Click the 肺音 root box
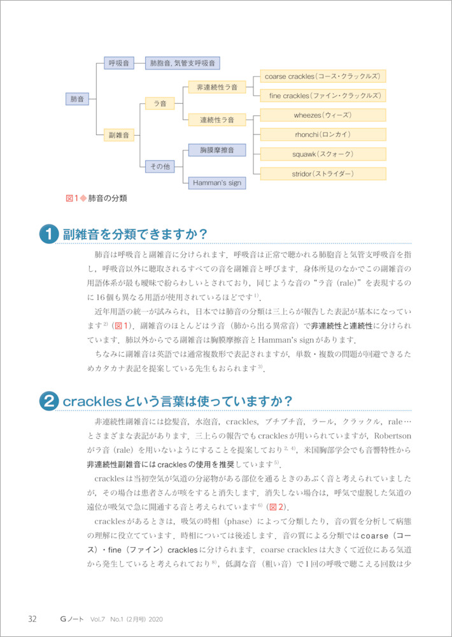[77, 99]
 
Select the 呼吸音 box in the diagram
[119, 64]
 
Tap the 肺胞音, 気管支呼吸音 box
[183, 64]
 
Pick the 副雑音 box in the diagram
[119, 135]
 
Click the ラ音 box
[155, 103]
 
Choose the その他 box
[159, 166]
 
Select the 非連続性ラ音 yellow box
[216, 87]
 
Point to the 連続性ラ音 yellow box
[216, 119]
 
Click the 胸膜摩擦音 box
[218, 150]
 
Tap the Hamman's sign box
[218, 183]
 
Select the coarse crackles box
[323, 76]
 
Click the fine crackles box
[323, 96]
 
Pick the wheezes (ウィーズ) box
[323, 115]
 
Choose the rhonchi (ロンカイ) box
[323, 135]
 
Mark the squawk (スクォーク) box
[323, 154]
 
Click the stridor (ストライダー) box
[323, 174]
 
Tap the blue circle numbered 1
[49, 234]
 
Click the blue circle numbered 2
[49, 401]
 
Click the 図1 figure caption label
[72, 198]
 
